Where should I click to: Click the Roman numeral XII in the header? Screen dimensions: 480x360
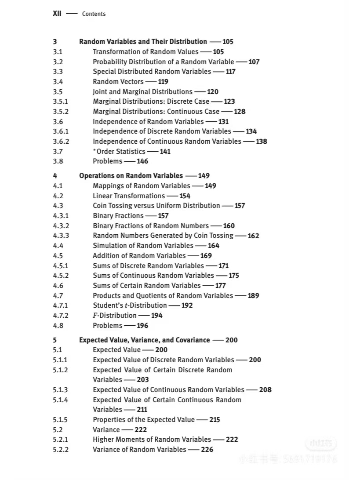pos(57,14)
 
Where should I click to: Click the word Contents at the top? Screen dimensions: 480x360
pos(94,14)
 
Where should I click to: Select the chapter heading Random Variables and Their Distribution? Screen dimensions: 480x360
pos(143,42)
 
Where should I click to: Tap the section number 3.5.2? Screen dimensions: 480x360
pos(61,112)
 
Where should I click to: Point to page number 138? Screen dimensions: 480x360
pos(262,142)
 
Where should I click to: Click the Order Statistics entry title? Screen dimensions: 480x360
pos(120,152)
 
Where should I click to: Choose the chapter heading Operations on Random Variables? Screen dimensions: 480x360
pos(131,176)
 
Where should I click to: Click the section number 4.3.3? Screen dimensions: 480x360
pos(61,236)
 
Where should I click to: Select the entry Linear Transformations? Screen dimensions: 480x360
pos(129,196)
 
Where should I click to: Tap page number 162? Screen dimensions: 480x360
pos(253,236)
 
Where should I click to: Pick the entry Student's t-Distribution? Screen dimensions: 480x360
pos(130,305)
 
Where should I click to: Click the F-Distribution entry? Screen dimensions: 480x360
pos(114,316)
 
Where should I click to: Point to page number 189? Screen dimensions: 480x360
pos(253,296)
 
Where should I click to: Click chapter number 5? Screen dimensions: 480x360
pos(55,340)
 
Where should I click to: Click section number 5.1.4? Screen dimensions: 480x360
pos(61,400)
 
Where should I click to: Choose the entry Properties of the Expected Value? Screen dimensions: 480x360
pos(143,420)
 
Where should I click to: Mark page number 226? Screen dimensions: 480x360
pos(207,450)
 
